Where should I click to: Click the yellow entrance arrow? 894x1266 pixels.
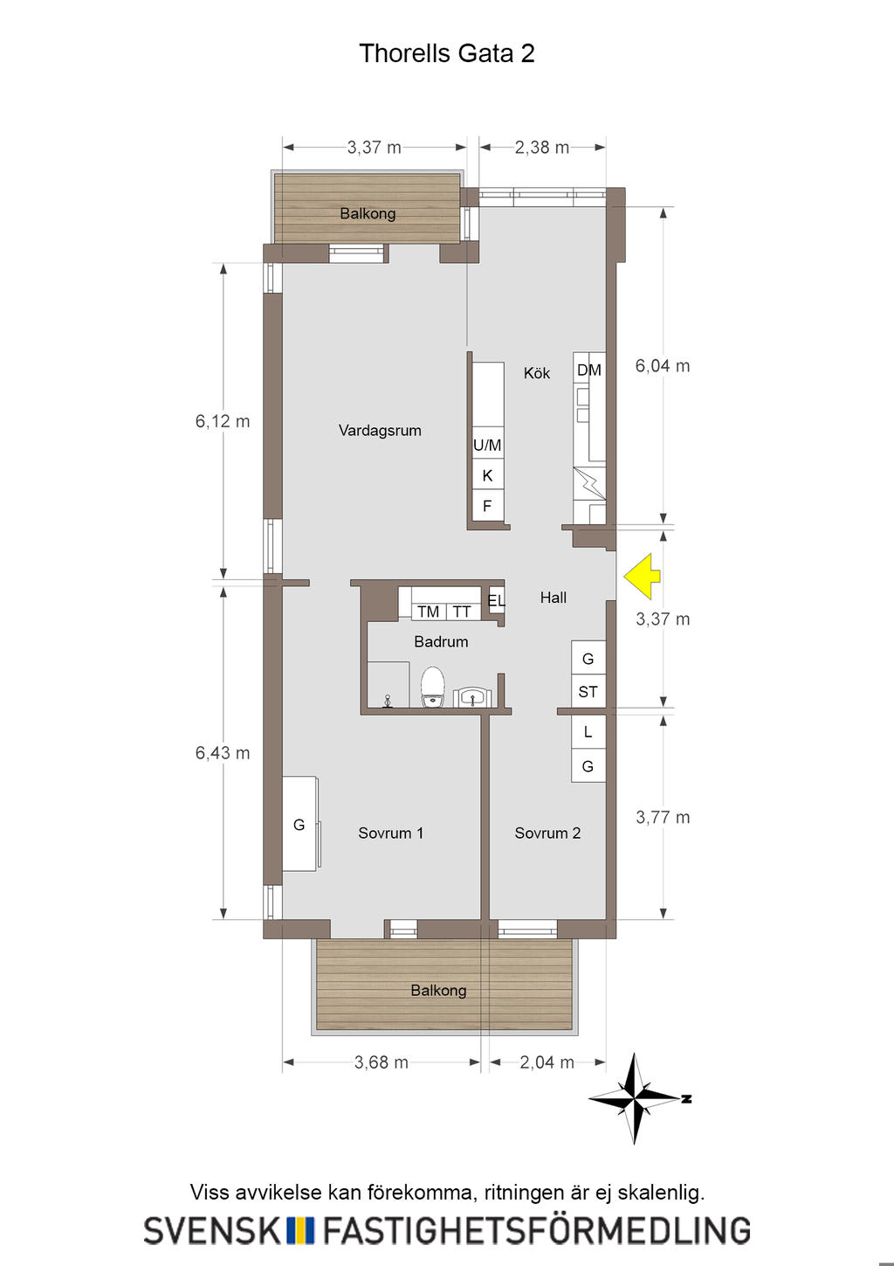coord(642,576)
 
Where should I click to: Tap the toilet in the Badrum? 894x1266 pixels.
coord(433,687)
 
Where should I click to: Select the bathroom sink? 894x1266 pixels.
coord(472,696)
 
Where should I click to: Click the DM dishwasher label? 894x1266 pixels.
coord(589,370)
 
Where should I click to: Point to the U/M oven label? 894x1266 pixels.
coord(487,446)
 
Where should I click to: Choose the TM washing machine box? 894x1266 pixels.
coord(429,612)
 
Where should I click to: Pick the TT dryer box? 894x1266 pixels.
coord(463,612)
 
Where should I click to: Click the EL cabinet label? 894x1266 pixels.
coord(497,600)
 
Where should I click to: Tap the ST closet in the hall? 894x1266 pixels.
coord(588,691)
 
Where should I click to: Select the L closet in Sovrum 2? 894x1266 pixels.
coord(588,732)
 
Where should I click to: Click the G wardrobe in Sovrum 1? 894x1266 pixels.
coord(299,824)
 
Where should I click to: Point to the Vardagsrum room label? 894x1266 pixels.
coord(380,431)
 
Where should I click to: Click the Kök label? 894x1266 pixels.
coord(537,373)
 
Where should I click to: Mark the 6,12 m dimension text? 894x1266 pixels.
coord(223,421)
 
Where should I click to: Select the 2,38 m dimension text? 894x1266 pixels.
coord(542,148)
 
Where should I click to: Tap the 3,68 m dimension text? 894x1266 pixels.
coord(382,1062)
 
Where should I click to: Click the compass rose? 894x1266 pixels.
coord(636,1098)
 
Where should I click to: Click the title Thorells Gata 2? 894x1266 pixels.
coord(447,53)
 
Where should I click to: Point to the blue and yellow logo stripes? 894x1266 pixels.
coord(299,1230)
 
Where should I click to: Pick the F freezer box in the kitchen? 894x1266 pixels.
coord(487,506)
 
